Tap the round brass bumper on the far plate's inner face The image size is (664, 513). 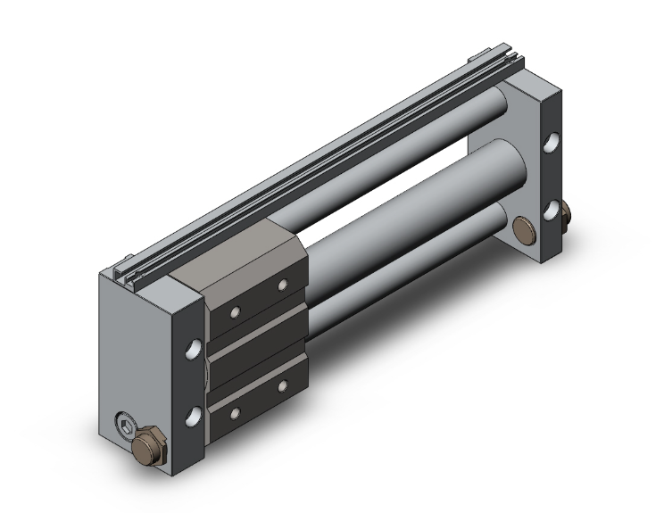(x=526, y=228)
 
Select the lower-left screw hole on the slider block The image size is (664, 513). (x=237, y=412)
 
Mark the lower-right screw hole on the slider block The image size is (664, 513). (x=283, y=386)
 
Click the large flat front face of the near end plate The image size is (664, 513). (x=143, y=348)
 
